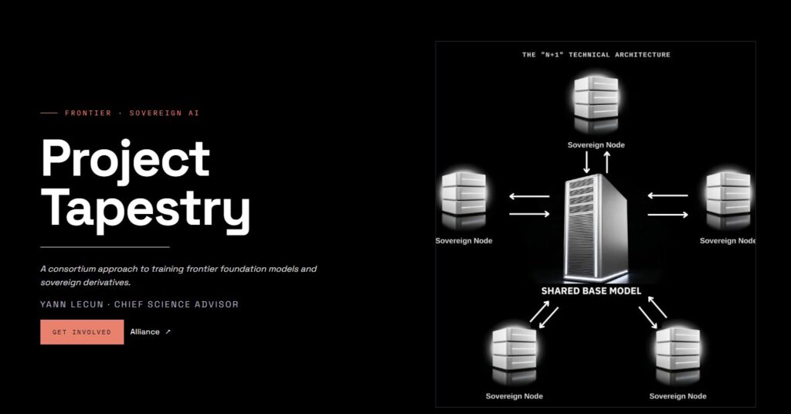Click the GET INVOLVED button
coord(82,332)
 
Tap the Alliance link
coord(144,332)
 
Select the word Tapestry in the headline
coord(145,209)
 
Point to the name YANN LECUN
coord(72,304)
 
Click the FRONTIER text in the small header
coord(88,113)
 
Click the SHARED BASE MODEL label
coord(591,291)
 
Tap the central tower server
coord(596,228)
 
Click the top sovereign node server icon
coord(596,103)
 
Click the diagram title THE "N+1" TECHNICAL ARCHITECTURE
coord(596,55)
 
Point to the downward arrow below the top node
coord(586,162)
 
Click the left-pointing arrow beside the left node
coord(529,196)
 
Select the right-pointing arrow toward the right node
coord(668,215)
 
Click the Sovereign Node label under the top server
coord(596,144)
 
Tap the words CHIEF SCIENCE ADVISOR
coord(177,304)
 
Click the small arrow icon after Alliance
coord(168,332)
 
